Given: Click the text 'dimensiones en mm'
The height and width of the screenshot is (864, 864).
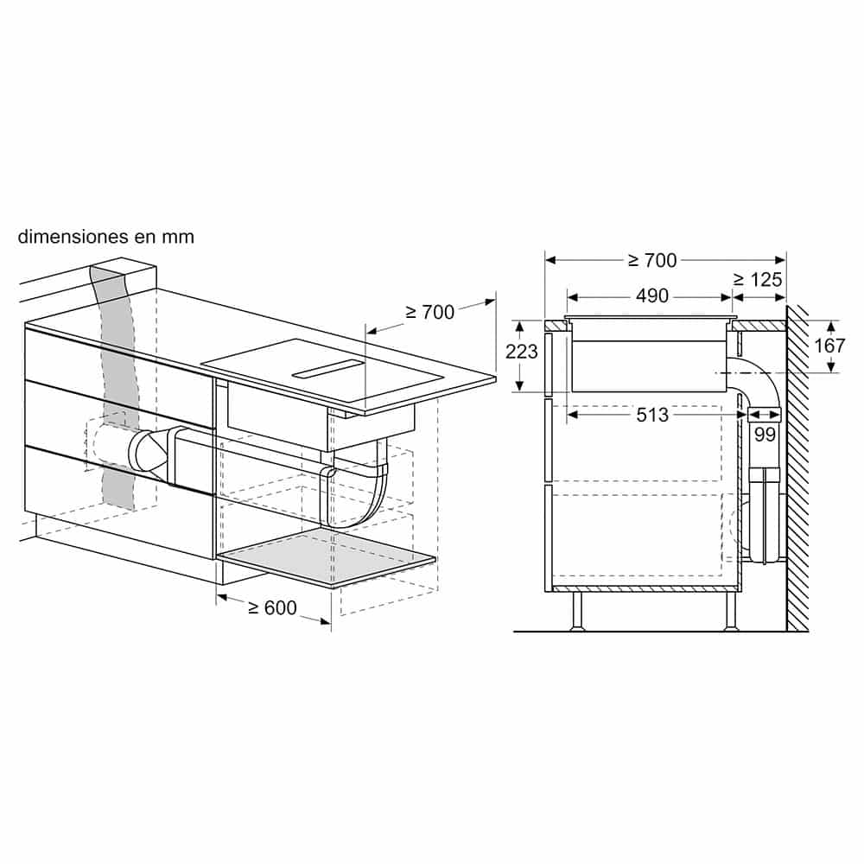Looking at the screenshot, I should [x=106, y=237].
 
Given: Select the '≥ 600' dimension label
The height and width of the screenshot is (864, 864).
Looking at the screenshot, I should [x=272, y=608].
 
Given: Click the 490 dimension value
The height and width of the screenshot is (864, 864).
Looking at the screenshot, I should [x=652, y=296].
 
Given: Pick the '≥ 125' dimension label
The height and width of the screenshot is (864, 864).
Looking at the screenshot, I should [x=758, y=279].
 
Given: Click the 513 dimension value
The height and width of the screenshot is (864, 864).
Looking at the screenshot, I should [x=652, y=416].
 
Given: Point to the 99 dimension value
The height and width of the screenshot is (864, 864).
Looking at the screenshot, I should [x=765, y=435].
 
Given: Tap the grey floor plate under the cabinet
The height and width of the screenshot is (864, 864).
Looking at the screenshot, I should [x=328, y=558].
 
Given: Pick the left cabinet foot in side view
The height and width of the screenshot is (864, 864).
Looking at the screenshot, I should [x=577, y=612].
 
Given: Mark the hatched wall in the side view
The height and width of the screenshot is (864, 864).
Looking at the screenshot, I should [x=797, y=467].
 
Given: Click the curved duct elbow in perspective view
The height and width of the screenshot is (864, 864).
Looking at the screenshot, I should [x=363, y=501].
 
